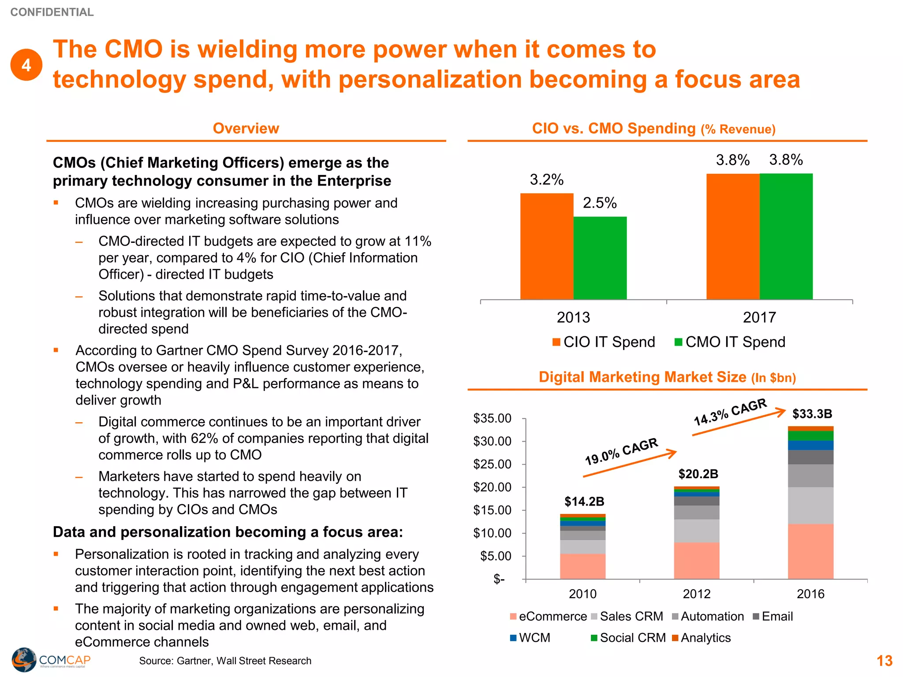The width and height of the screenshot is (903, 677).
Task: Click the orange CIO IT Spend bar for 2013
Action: coord(547,247)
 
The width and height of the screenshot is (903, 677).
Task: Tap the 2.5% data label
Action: coord(600,203)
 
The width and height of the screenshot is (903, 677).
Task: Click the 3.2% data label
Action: coord(547,180)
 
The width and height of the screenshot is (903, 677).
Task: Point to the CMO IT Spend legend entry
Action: coord(730,342)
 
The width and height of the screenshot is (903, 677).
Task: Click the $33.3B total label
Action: coord(812,414)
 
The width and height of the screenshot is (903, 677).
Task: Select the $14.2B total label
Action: coord(584,502)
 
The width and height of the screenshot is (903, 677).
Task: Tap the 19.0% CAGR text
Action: coord(621,451)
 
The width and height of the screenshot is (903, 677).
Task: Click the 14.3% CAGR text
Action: coord(730,412)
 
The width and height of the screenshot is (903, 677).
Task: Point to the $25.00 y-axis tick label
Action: coord(492,464)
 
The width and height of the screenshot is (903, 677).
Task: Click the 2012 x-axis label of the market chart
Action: coord(697,594)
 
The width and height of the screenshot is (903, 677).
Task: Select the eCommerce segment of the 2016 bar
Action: coord(810,551)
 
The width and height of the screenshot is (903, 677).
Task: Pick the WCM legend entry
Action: coord(530,638)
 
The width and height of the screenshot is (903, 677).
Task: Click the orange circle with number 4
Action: coord(26,65)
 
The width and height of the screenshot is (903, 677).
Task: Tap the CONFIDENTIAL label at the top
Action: coord(52,12)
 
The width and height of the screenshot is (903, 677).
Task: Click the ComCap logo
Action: coord(51,660)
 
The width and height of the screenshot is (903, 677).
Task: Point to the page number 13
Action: coord(884,661)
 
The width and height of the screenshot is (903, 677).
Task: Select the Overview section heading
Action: coord(246,128)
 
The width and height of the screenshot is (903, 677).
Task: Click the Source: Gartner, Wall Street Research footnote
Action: coord(225,661)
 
